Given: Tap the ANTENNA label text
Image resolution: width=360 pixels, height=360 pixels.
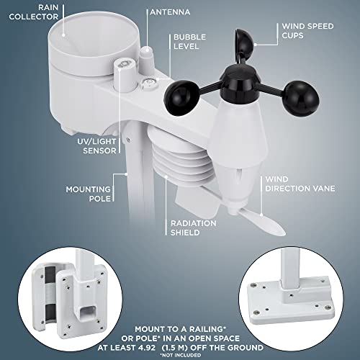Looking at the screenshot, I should (x=171, y=12).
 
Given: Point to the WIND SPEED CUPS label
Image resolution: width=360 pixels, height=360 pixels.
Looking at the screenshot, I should (x=306, y=32).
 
